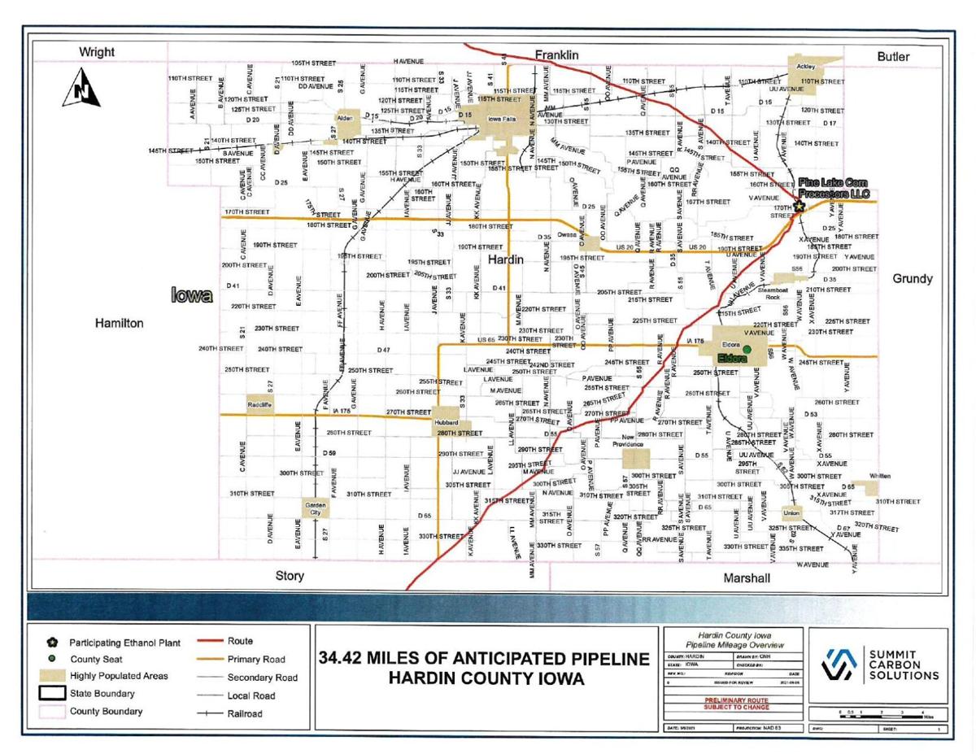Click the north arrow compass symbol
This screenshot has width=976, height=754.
(81, 88)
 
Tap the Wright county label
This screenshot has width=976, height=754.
(97, 53)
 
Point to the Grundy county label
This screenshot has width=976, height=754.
(912, 279)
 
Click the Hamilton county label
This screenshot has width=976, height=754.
(120, 323)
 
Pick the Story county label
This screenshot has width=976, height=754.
(290, 576)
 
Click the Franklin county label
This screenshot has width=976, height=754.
(556, 54)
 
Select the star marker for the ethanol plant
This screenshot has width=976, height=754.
(800, 207)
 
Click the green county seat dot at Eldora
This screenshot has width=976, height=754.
(747, 348)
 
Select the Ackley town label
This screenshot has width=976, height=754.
(804, 61)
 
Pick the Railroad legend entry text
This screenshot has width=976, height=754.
(246, 713)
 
